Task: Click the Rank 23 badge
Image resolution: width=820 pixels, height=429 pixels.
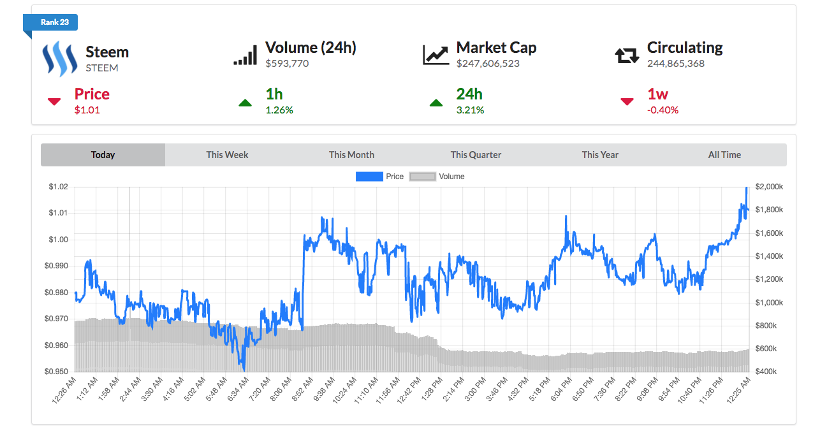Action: [x=54, y=22]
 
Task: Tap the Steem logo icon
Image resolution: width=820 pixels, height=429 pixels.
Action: [x=59, y=59]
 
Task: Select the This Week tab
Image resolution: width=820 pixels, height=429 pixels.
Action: [x=227, y=155]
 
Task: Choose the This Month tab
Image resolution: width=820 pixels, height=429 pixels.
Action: [x=351, y=155]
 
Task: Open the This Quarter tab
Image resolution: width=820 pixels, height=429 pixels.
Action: [x=476, y=155]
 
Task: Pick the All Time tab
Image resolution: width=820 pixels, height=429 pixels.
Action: [x=724, y=155]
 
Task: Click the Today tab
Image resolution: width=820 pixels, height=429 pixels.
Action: [x=103, y=155]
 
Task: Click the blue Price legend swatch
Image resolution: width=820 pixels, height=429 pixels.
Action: [x=369, y=177]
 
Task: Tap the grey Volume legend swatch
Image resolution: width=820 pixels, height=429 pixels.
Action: [x=422, y=177]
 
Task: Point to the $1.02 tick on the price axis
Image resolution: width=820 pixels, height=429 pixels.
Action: [x=58, y=187]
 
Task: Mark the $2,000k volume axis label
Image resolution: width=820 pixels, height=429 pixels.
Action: [x=769, y=187]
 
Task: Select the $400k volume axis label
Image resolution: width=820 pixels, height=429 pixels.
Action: [x=767, y=372]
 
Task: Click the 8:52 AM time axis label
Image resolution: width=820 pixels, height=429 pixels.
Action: [x=298, y=391]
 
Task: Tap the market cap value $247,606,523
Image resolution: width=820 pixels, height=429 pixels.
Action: [x=488, y=64]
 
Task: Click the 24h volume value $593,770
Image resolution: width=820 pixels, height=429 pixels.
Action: [x=287, y=64]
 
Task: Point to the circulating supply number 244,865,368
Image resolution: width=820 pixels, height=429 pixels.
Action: [x=675, y=64]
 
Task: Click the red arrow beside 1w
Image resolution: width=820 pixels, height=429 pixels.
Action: [x=627, y=101]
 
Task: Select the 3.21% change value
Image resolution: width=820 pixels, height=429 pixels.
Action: [x=470, y=110]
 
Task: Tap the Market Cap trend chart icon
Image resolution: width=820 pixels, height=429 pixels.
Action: [x=436, y=55]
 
